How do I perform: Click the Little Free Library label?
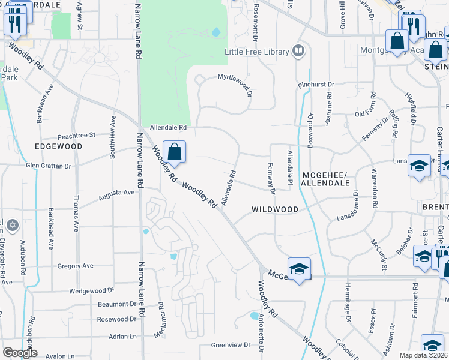point(256,52)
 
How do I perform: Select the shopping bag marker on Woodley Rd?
point(174,153)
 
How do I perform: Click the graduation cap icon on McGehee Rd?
point(299,270)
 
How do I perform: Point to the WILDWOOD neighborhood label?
point(275,209)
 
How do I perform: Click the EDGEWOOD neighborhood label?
point(58,146)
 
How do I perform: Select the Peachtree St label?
point(76,136)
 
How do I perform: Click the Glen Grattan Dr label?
point(49,166)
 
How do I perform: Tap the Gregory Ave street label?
point(75,266)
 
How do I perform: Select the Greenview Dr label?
point(231,345)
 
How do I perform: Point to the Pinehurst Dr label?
point(316,85)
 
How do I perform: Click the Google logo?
point(20,353)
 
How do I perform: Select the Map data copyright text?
point(424,355)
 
